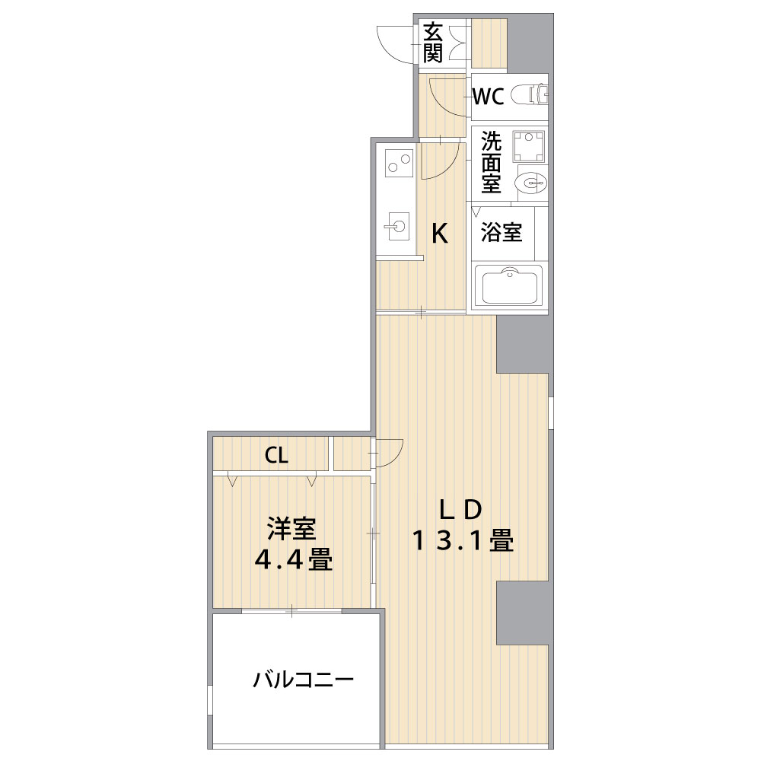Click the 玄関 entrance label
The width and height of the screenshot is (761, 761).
pyautogui.click(x=433, y=43)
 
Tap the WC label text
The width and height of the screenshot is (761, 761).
pyautogui.click(x=489, y=97)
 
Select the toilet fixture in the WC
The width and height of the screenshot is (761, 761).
pyautogui.click(x=530, y=94)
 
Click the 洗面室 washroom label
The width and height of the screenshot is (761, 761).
pyautogui.click(x=491, y=161)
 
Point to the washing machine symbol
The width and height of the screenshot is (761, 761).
pyautogui.click(x=529, y=145)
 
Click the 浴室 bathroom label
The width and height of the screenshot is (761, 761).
pyautogui.click(x=501, y=232)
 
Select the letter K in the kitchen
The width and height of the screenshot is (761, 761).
pyautogui.click(x=440, y=234)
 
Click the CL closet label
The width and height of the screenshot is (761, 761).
pyautogui.click(x=276, y=455)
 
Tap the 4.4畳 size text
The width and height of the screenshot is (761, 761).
pyautogui.click(x=294, y=559)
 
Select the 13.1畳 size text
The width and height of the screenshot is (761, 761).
pyautogui.click(x=462, y=540)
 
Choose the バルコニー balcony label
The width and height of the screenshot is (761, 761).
pyautogui.click(x=304, y=680)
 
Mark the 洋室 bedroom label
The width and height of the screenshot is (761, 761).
pyautogui.click(x=291, y=529)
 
